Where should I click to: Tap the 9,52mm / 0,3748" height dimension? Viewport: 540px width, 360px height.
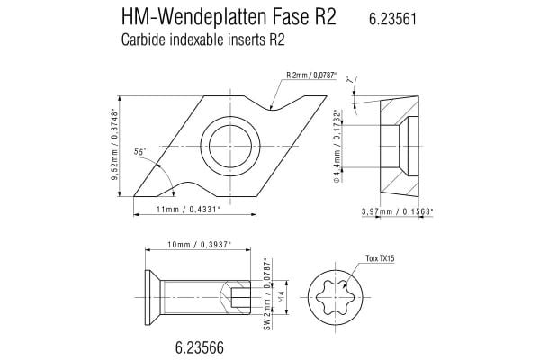point(115,147)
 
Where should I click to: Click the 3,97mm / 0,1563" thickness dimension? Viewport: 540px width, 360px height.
point(397,211)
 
